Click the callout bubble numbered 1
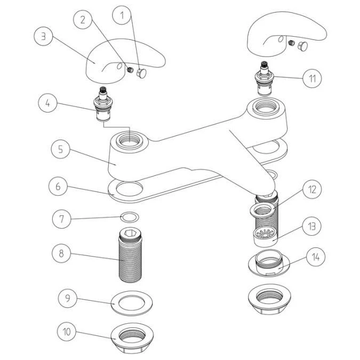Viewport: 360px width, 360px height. (122, 16)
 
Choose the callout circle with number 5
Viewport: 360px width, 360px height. (61, 149)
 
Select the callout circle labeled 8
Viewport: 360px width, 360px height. (61, 252)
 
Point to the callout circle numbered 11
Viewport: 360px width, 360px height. (313, 78)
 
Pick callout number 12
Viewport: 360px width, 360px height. (313, 190)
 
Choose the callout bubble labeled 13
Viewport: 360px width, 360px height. (313, 226)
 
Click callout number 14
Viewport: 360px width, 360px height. (316, 257)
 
